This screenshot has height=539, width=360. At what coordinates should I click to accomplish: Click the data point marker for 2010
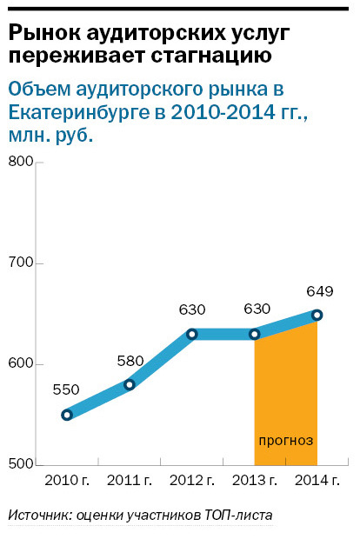coord(67,415)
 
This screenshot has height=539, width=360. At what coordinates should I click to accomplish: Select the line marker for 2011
coord(130,384)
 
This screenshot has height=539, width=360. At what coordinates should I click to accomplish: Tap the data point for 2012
coord(192,334)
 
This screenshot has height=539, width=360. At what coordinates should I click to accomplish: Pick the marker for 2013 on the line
coord(255,334)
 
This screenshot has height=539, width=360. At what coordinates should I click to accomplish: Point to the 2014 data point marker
coord(317,315)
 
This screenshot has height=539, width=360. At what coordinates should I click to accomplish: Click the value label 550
coord(66,390)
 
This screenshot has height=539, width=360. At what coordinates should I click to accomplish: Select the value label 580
coord(129,360)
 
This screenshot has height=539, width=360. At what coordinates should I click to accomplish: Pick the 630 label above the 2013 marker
coord(256,309)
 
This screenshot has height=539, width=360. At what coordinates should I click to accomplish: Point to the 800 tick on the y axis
coord(19,163)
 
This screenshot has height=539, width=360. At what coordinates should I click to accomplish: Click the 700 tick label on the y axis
coord(19,263)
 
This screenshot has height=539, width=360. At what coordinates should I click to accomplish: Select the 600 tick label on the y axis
coord(19,363)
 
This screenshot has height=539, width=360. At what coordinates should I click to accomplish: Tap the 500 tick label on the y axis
coord(19,464)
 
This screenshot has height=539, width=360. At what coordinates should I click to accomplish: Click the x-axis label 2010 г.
coord(67,480)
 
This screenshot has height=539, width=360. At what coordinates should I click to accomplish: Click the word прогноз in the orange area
coord(285,439)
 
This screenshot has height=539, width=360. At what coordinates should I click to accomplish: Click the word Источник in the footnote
coord(38,516)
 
